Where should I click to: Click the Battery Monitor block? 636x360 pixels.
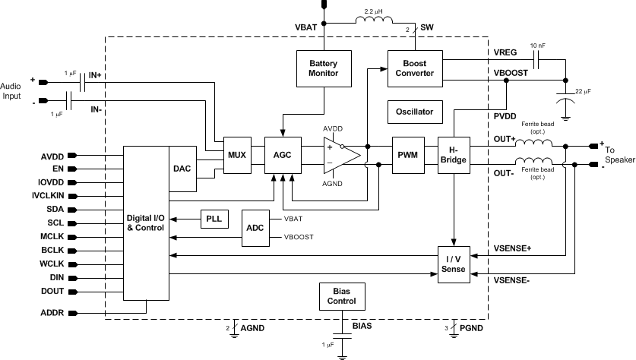323,68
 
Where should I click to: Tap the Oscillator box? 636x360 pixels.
414,112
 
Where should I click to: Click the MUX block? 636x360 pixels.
236,155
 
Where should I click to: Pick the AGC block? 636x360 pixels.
283,155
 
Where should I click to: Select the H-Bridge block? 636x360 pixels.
454,155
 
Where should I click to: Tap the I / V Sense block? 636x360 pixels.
453,264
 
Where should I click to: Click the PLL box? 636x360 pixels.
214,219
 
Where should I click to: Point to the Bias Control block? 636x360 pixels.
340,296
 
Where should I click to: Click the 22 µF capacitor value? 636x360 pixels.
586,92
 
